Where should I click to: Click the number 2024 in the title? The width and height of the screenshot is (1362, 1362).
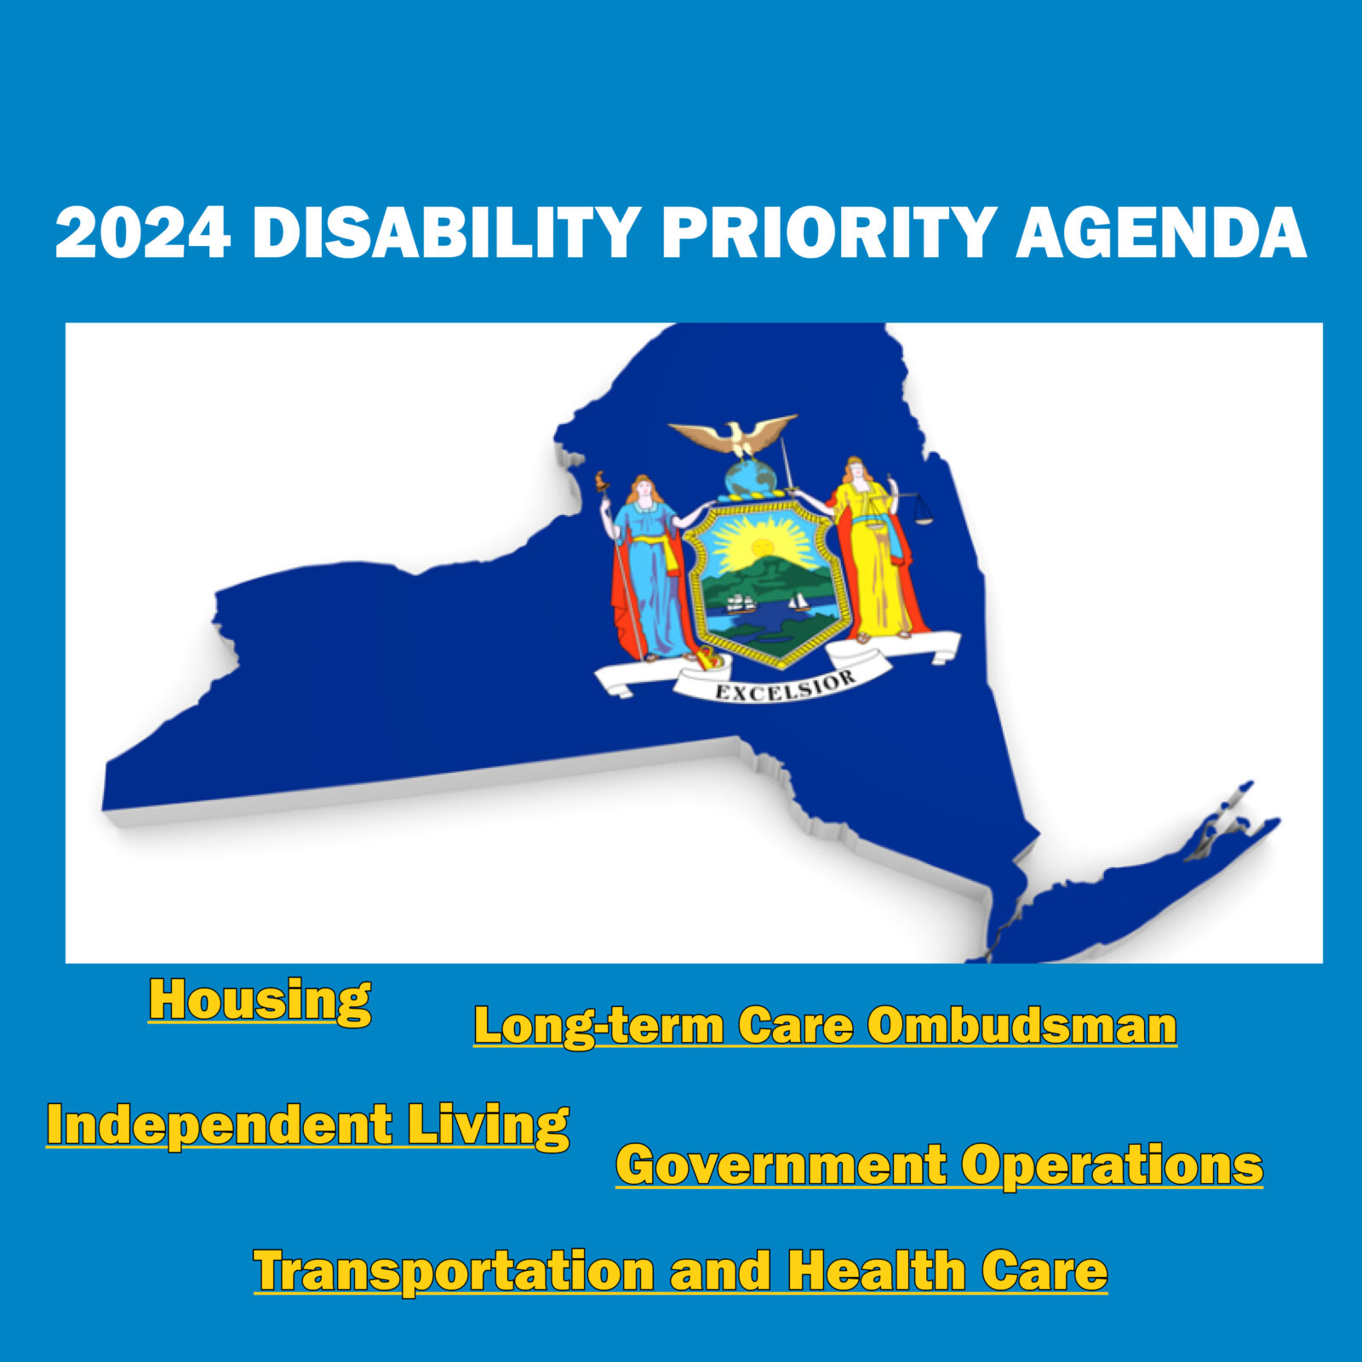click(x=143, y=232)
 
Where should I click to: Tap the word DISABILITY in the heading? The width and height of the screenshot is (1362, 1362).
click(x=446, y=232)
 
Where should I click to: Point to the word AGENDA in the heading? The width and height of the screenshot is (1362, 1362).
click(x=1161, y=232)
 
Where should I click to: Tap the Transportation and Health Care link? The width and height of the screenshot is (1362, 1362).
click(x=680, y=1271)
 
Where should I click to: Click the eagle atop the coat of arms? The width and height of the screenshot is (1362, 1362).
click(x=734, y=435)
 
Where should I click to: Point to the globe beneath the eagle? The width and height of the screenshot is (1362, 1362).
click(x=750, y=479)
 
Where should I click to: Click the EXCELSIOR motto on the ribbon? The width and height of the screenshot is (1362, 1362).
click(x=785, y=686)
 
